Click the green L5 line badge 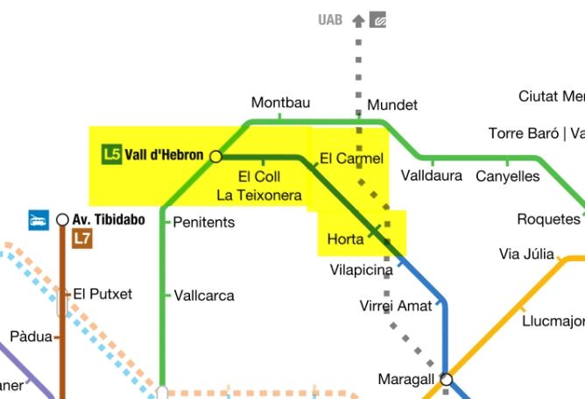111,155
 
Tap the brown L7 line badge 81,238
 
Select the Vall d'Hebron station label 164,155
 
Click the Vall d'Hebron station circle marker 216,156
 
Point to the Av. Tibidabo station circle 62,219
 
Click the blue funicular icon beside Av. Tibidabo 38,219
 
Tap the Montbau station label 280,103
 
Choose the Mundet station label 392,105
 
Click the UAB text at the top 330,19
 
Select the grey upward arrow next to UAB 358,19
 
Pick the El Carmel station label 351,159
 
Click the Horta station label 345,239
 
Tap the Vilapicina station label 361,270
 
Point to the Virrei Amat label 396,306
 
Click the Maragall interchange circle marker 447,380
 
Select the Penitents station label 204,222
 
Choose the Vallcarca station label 204,296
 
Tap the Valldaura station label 431,175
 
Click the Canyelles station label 508,176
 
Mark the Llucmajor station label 553,321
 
